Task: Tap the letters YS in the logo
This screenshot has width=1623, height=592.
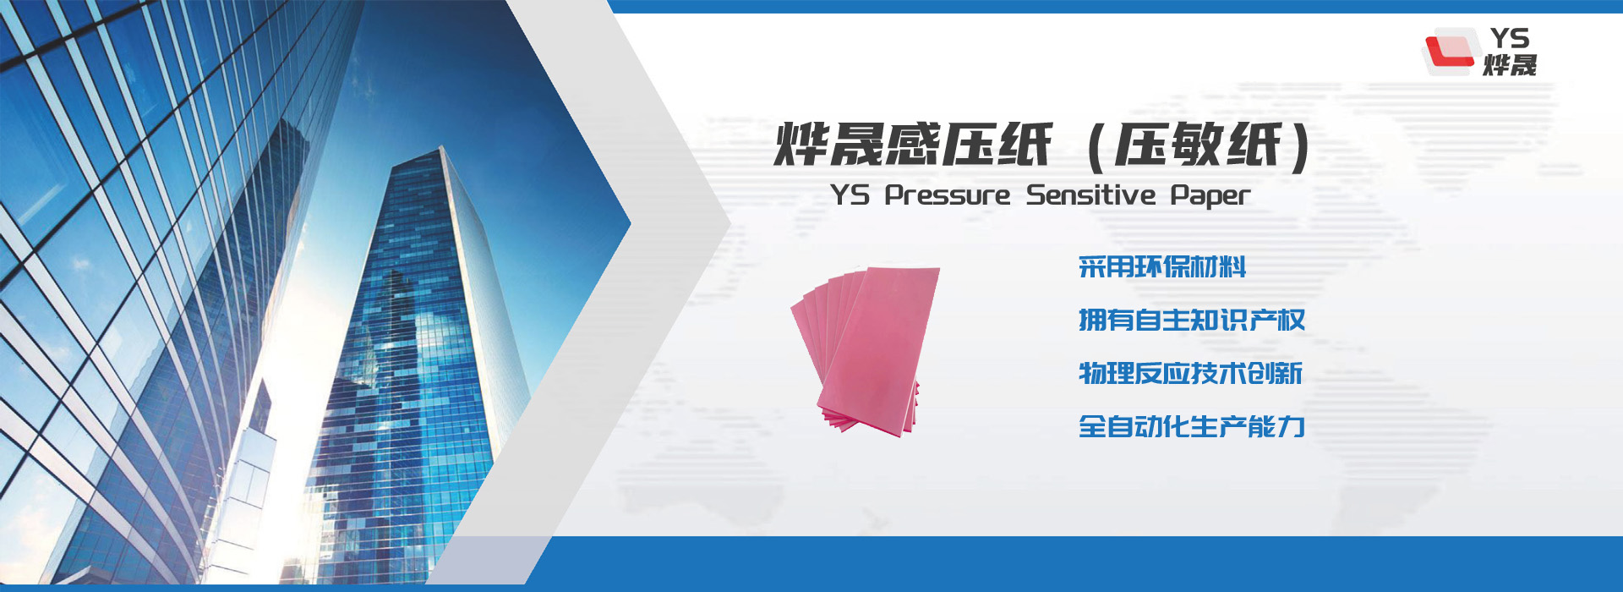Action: pyautogui.click(x=1510, y=38)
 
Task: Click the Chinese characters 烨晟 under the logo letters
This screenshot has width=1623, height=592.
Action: pyautogui.click(x=1510, y=65)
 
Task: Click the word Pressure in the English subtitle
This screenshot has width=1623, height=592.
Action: pyautogui.click(x=948, y=195)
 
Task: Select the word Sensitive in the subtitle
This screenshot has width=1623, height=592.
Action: pyautogui.click(x=1090, y=195)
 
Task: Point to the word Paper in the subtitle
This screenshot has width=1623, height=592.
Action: pyautogui.click(x=1210, y=195)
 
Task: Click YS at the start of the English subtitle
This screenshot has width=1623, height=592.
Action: pyautogui.click(x=850, y=195)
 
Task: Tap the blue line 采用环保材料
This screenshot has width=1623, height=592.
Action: pyautogui.click(x=1162, y=267)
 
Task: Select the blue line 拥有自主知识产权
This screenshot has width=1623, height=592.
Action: pyautogui.click(x=1191, y=321)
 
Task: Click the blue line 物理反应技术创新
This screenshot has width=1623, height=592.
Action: pyautogui.click(x=1190, y=373)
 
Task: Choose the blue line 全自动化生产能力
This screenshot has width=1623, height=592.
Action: pyautogui.click(x=1191, y=426)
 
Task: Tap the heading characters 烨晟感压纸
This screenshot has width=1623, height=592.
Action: pyautogui.click(x=913, y=145)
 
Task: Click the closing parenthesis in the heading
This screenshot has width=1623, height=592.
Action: pyautogui.click(x=1301, y=146)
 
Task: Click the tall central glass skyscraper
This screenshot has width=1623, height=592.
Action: pyautogui.click(x=406, y=338)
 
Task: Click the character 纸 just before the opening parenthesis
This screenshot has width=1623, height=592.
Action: pyautogui.click(x=1025, y=145)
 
